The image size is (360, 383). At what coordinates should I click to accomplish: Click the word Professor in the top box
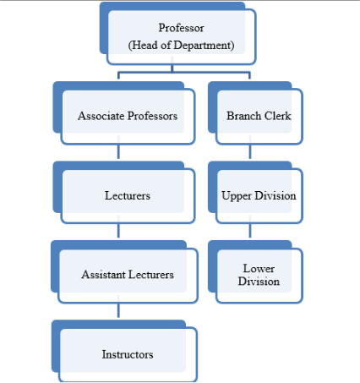coord(181,28)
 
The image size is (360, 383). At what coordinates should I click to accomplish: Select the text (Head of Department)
coord(181,46)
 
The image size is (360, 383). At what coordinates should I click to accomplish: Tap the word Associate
coord(101,116)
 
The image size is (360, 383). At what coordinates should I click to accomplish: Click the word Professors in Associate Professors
coord(152,116)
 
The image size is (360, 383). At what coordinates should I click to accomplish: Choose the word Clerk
coord(277,116)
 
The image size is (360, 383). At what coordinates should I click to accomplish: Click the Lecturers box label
coord(128,195)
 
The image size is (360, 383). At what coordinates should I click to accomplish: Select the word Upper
coord(237,196)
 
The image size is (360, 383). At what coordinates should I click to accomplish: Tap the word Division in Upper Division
coord(275,195)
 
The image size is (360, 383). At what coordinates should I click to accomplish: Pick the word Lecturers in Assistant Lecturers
coord(151,275)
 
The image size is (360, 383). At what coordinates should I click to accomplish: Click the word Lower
coord(259,268)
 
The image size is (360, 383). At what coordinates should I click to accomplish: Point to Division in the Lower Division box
coord(259,282)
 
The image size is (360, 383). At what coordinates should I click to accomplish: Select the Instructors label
coord(128,354)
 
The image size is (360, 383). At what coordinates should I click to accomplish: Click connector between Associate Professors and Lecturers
coord(118,152)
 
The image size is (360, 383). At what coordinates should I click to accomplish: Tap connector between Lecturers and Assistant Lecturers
coord(118,231)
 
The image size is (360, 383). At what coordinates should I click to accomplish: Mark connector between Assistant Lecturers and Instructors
coord(118,310)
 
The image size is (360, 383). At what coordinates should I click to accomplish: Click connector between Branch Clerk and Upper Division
coord(250,152)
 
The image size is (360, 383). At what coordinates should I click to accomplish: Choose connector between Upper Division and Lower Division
coord(250,231)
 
